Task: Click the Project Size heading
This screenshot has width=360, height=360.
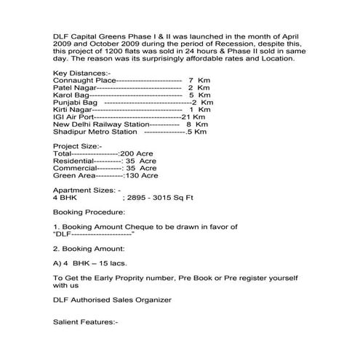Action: tap(78, 146)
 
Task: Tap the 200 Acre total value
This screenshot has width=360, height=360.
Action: tap(138, 154)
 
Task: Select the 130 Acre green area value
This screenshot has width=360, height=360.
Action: tap(140, 175)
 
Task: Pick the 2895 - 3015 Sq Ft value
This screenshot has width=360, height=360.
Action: tap(158, 197)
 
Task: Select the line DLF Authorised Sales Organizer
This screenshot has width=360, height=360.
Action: tap(112, 299)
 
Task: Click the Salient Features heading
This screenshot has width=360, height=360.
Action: tap(85, 321)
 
